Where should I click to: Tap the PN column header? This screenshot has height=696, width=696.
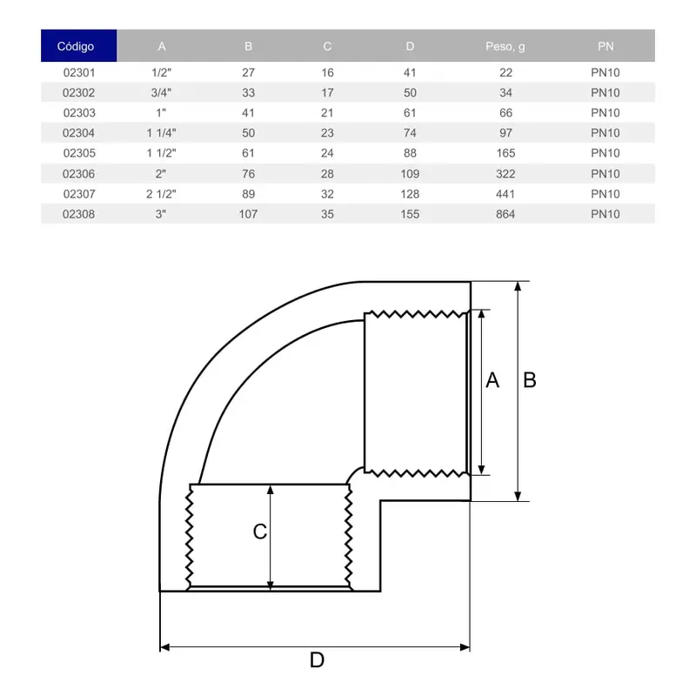coord(606,46)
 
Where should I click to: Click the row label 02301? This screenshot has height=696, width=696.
coord(79,72)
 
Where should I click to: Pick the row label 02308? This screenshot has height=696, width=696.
coord(79,214)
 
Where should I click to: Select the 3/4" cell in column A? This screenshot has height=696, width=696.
coord(162,92)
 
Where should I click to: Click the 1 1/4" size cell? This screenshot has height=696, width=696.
coord(162,133)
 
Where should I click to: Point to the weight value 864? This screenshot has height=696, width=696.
coord(505,214)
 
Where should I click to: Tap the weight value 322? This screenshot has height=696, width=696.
coord(505,174)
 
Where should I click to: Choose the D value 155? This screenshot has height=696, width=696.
coord(410,214)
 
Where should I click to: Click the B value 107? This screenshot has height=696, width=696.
coord(248,214)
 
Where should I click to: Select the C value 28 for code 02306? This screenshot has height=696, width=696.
coord(327,174)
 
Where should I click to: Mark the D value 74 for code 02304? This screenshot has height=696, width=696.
coord(410,133)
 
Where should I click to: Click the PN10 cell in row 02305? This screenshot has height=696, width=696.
coord(606,153)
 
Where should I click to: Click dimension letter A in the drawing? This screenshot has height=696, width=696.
coord(492,380)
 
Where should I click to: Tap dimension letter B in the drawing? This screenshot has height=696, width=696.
coord(529,380)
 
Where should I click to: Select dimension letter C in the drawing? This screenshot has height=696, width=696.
coord(259,532)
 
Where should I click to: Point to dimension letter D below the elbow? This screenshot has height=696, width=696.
coord(317,660)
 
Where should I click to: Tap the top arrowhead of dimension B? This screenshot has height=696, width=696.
coord(519,286)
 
